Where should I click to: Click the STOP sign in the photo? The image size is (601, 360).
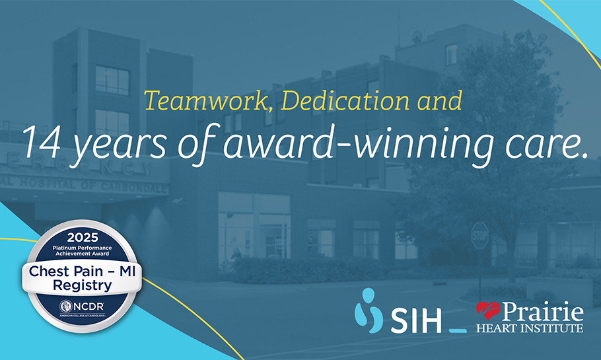[479, 234]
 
